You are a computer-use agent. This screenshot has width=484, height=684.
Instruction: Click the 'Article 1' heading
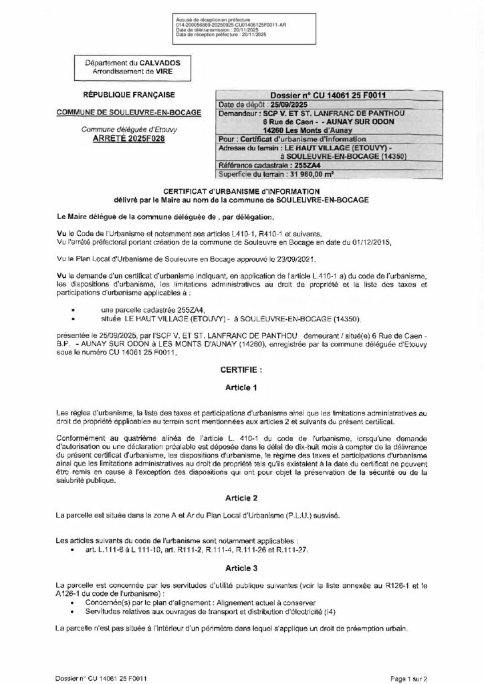pos(241,387)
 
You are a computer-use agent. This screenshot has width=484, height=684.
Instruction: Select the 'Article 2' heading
pos(241,498)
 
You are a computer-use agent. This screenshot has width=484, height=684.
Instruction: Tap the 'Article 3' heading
pos(241,569)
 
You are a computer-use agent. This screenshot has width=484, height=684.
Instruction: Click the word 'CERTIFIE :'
pos(241,368)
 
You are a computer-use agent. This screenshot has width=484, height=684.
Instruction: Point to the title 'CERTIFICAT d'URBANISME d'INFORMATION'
pos(241,191)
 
